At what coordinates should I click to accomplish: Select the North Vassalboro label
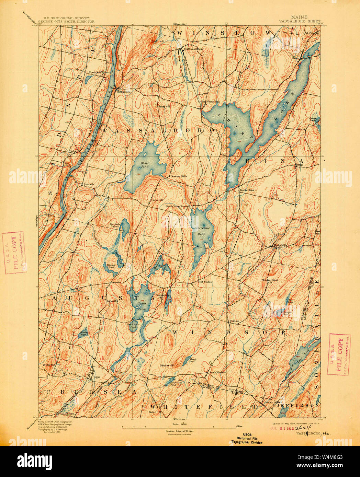[193, 49]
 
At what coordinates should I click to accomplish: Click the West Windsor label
[205, 282]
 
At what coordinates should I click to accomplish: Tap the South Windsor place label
[218, 373]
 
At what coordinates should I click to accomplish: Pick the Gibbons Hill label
[166, 365]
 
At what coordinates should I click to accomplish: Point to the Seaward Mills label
[179, 176]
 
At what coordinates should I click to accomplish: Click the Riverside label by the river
[89, 184]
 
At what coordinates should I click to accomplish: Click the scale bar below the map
[179, 427]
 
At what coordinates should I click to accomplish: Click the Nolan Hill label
[155, 412]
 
